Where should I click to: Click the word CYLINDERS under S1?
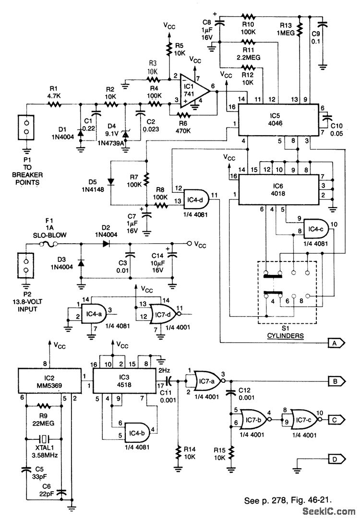287,336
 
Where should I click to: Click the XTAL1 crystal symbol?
44,438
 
